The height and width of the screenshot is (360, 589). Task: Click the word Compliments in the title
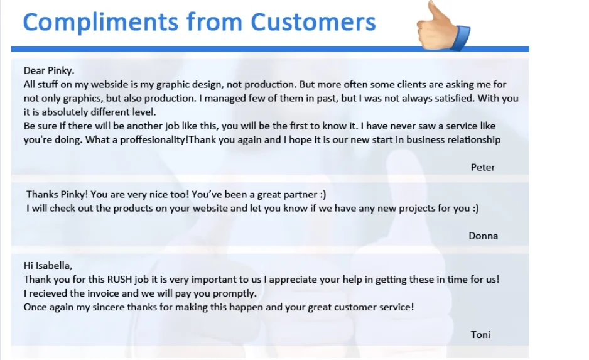pos(100,22)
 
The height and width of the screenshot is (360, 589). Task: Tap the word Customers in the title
pos(313,22)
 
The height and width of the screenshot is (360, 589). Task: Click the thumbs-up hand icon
pos(443,26)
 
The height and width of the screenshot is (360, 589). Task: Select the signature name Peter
pos(483,167)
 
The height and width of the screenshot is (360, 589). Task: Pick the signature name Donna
pos(483,236)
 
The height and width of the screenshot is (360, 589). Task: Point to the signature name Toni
pos(480,334)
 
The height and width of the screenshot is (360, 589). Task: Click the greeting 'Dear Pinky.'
pos(49,70)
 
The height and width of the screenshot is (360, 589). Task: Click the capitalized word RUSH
pos(120,279)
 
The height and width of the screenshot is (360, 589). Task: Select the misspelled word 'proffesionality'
pos(154,140)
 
